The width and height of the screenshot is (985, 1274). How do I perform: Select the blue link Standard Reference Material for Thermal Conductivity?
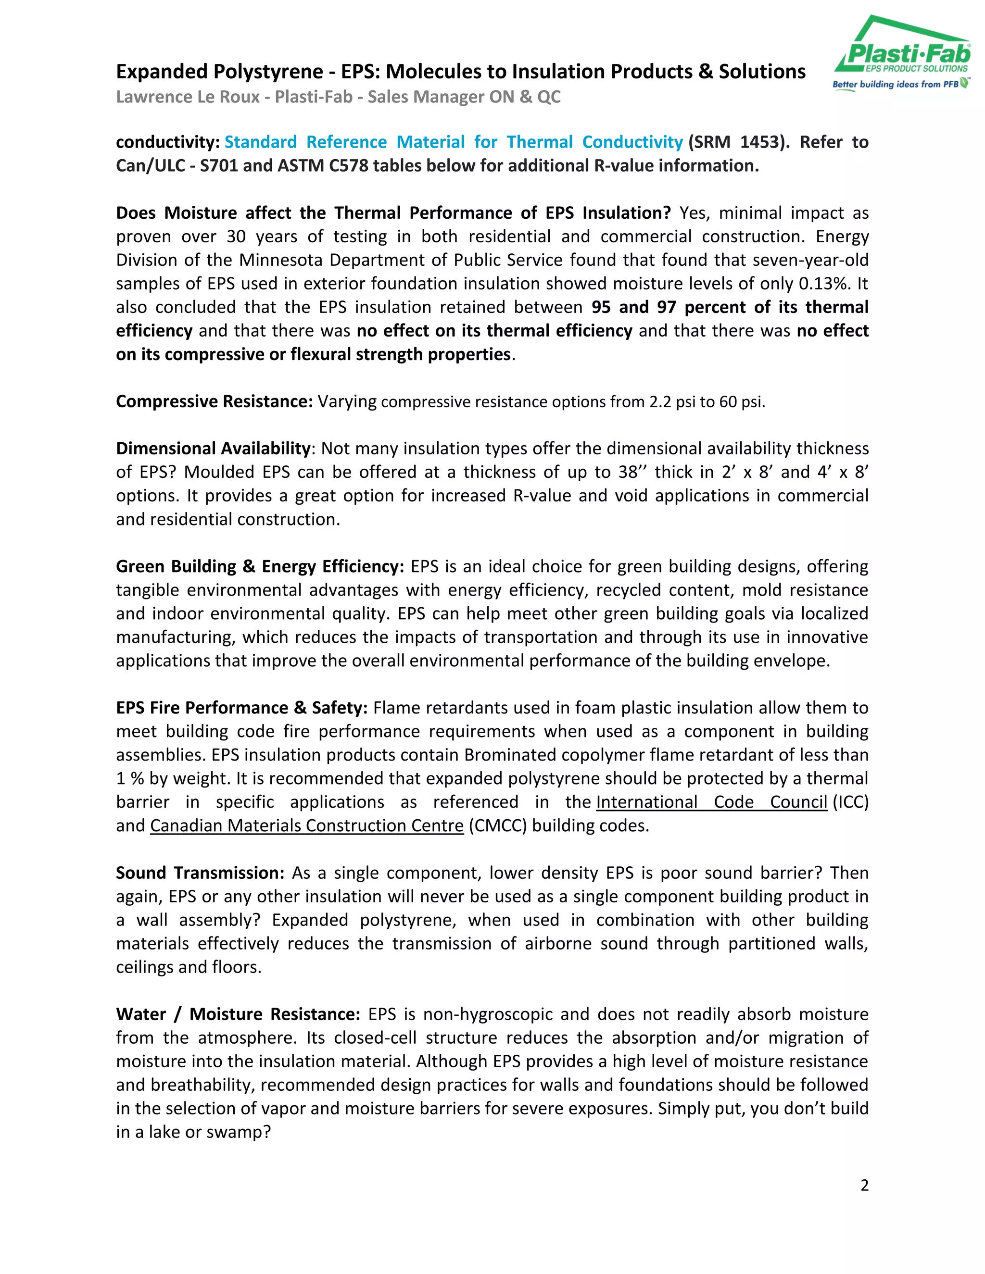454,142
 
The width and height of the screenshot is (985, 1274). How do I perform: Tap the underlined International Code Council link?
711,802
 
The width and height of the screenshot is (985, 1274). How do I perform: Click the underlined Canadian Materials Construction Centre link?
306,825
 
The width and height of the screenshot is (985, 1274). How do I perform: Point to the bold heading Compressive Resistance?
214,401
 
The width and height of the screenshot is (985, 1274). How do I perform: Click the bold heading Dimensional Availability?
213,448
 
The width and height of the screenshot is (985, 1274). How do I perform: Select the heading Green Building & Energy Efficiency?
260,566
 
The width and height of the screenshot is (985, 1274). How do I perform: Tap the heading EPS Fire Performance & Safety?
241,708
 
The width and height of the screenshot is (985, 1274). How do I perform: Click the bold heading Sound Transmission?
200,873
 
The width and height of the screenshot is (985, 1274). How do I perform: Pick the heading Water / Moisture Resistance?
238,1014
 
